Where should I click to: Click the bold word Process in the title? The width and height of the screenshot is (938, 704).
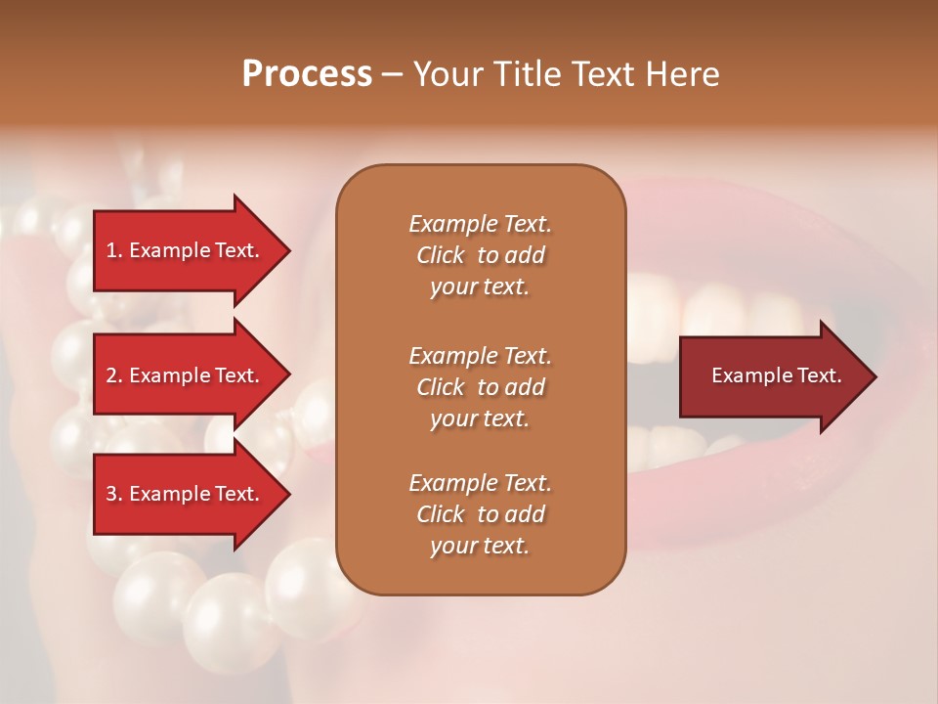click(307, 74)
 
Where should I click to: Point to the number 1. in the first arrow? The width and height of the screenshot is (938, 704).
click(114, 250)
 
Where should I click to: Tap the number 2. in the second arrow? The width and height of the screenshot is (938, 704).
click(114, 375)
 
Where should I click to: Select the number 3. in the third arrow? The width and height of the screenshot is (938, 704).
click(114, 494)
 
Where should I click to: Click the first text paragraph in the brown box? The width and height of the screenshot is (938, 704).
click(480, 255)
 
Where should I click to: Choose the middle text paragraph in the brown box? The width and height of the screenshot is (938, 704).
click(480, 386)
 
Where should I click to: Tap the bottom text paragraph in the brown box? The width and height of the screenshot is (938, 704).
click(480, 514)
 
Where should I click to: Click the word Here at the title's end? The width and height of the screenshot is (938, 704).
click(684, 74)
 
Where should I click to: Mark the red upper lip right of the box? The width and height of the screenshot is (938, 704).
click(713, 220)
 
